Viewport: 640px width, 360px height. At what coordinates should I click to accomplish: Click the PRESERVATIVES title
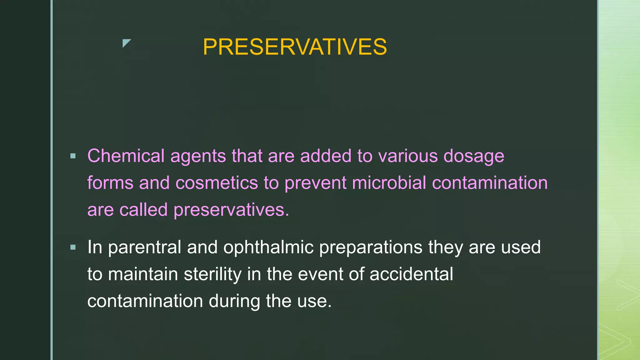point(295,47)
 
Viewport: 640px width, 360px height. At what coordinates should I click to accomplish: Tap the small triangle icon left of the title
point(126,43)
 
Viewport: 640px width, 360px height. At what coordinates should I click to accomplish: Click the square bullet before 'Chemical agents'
point(73,156)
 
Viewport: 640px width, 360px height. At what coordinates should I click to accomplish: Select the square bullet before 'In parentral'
point(73,247)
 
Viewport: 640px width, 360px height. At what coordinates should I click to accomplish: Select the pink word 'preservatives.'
point(231,210)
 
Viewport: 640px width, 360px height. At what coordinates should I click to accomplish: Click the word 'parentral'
point(144,247)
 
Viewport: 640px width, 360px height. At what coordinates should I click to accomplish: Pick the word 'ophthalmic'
point(268,247)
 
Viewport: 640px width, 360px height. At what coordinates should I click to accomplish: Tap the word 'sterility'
point(212,274)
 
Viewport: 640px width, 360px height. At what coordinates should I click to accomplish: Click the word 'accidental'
point(411,274)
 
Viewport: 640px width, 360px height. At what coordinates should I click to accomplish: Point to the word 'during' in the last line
point(234,301)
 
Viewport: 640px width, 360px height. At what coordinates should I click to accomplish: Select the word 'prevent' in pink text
point(315,183)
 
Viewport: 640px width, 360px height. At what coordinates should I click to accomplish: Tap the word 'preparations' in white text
point(371,247)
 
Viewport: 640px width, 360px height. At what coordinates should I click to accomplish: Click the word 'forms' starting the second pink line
point(110,183)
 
